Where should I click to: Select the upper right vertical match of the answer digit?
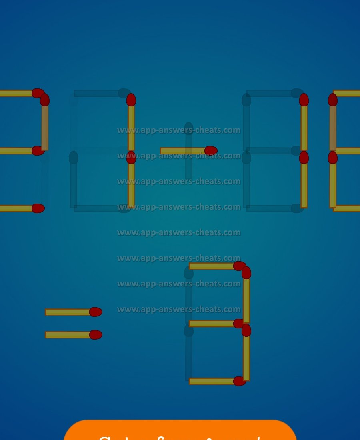[x=246, y=296]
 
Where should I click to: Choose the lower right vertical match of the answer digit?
[x=246, y=354]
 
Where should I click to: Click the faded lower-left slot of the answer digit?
[x=189, y=354]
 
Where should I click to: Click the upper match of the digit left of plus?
[x=131, y=124]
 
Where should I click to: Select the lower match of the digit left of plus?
[x=131, y=182]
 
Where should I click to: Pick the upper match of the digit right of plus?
[x=304, y=124]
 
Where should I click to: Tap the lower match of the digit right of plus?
[x=304, y=182]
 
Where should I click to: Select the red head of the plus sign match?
[x=211, y=151]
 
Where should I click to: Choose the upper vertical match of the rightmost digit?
[x=333, y=124]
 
